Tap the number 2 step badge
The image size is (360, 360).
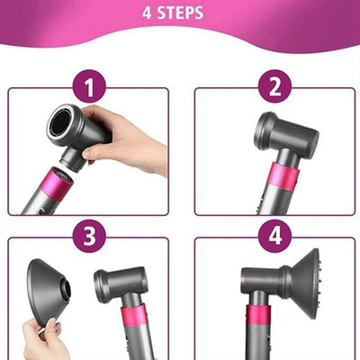click(x=274, y=88)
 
